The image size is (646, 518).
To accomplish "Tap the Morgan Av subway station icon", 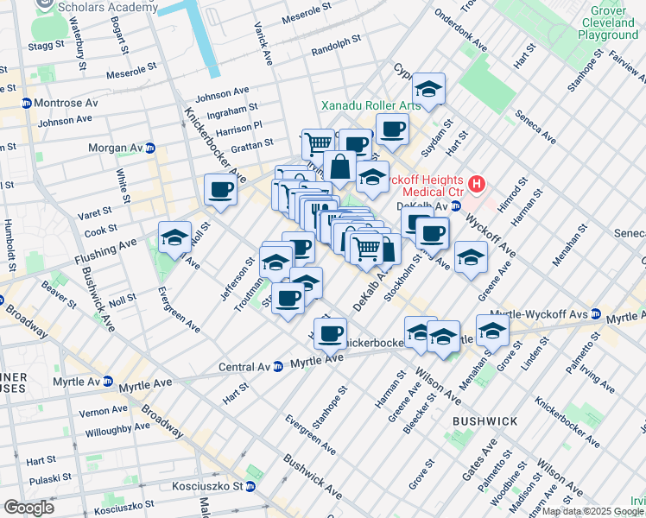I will [149, 148].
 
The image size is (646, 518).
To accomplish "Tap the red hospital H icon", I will [476, 184].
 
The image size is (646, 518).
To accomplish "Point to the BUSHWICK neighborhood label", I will [484, 421].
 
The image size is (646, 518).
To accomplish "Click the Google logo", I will [28, 507].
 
